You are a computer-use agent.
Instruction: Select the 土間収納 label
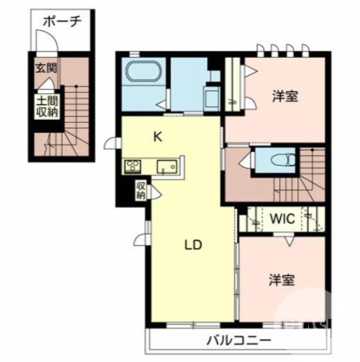click(47, 107)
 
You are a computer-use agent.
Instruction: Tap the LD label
click(192, 245)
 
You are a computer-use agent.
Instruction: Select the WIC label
click(283, 219)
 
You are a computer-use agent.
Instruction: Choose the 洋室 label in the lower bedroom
click(282, 280)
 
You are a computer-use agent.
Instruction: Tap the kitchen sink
click(166, 167)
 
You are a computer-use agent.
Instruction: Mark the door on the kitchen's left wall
click(110, 143)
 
